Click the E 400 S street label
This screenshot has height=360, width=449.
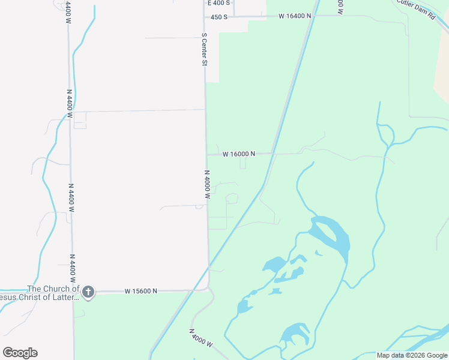click(x=218, y=3)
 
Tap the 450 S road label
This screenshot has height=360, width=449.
click(x=218, y=17)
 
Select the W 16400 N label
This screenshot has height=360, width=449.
click(x=295, y=16)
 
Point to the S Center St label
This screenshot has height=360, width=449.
click(x=204, y=49)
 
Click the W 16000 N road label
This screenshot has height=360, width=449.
click(x=238, y=154)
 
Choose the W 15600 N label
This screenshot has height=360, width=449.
click(x=141, y=291)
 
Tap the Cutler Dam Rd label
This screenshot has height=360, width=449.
click(x=415, y=10)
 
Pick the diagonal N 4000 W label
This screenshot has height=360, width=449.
click(x=200, y=337)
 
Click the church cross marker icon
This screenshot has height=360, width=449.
click(x=88, y=292)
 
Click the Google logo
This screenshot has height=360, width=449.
click(x=20, y=353)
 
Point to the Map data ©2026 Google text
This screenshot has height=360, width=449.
click(x=412, y=355)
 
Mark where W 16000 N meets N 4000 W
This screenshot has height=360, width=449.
click(x=206, y=154)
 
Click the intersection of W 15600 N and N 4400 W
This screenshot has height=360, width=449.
click(x=73, y=292)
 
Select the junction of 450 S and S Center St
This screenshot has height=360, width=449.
click(x=204, y=17)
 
